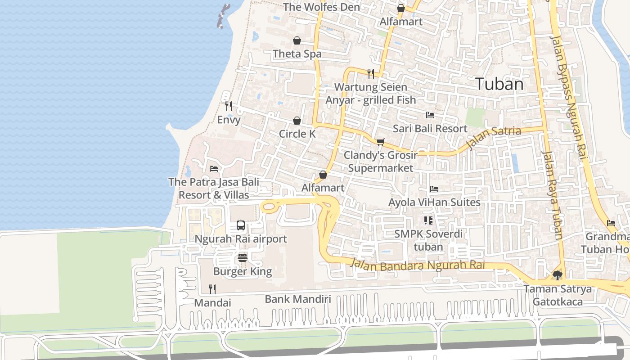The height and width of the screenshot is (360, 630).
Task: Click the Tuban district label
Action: click(x=499, y=84)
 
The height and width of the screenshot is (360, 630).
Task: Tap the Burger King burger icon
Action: click(x=243, y=258)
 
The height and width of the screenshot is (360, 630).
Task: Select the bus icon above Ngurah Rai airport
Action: click(x=241, y=225)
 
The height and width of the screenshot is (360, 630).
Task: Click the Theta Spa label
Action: click(x=297, y=54)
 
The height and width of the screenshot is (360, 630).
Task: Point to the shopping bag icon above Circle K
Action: click(x=297, y=121)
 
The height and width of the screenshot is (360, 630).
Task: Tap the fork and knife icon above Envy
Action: click(x=229, y=106)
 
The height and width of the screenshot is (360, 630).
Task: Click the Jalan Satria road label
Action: click(x=494, y=137)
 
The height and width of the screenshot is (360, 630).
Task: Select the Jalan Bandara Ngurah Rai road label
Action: click(x=418, y=265)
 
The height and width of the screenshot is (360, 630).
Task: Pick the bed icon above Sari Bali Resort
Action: click(x=430, y=115)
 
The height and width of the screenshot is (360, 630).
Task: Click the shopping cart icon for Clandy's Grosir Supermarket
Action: click(x=380, y=142)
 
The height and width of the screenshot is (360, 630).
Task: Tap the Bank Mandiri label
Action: click(x=298, y=299)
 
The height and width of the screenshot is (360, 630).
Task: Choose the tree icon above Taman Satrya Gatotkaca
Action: click(x=558, y=275)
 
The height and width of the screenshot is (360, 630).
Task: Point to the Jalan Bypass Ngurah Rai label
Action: click(x=570, y=99)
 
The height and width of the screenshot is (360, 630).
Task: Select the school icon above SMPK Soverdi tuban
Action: click(x=428, y=220)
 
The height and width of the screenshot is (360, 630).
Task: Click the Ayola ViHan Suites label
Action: click(x=434, y=202)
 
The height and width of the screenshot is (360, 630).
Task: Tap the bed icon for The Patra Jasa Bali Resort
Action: click(x=214, y=169)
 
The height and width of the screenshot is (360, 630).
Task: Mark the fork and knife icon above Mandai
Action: click(x=212, y=289)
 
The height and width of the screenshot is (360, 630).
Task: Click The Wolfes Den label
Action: click(x=321, y=7)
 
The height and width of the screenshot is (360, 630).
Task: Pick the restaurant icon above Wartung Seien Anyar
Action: click(x=371, y=73)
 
